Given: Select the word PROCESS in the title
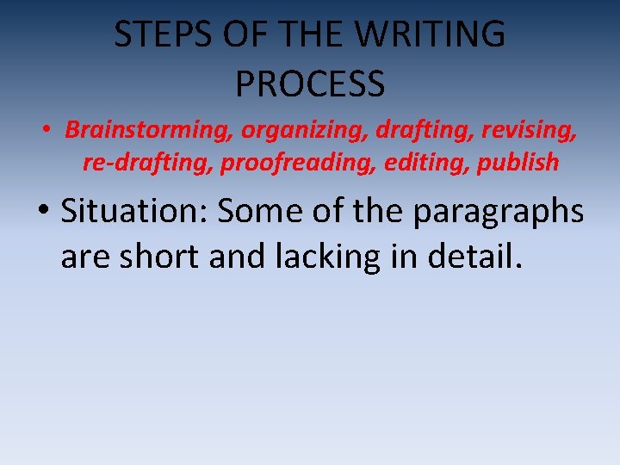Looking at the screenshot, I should click(x=310, y=84).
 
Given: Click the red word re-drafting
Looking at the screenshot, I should click(x=148, y=162).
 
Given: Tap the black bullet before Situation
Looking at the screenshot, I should click(x=41, y=212).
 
